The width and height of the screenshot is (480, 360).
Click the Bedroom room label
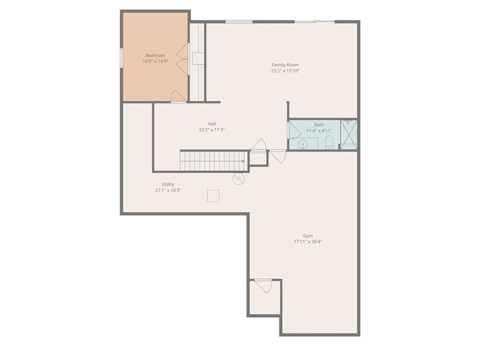point(155,55)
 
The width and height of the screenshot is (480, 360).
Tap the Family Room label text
point(285,65)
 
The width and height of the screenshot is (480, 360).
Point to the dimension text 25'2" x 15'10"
point(285,70)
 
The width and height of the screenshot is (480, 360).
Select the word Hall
point(212,123)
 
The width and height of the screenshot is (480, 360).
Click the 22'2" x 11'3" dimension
point(212,130)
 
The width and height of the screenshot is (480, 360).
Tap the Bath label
point(319,125)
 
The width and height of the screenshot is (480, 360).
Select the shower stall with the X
point(348,134)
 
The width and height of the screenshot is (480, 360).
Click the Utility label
point(169,184)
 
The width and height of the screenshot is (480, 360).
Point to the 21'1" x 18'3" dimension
point(169,190)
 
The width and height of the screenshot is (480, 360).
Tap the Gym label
point(308,235)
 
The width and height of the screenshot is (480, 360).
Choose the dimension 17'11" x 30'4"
point(308,242)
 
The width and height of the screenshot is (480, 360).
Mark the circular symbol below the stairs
point(238,179)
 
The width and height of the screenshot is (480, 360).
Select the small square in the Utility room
point(214,196)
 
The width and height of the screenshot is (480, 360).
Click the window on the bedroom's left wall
point(122,58)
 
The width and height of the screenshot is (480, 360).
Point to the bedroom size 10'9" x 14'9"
point(155,61)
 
